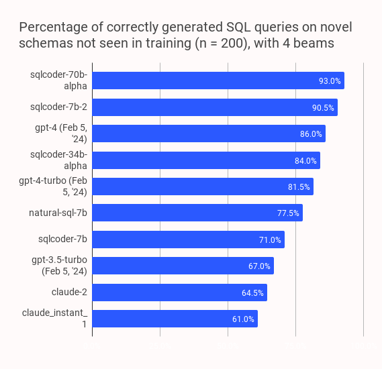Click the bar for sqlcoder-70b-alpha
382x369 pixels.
coord(218,81)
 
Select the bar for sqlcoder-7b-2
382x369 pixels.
coord(214,107)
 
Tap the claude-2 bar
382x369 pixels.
coord(179,293)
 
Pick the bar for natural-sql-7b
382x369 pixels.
coord(197,213)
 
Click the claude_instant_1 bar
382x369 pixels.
coord(175,319)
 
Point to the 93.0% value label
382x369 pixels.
coord(330,81)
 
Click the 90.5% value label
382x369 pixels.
coord(323,107)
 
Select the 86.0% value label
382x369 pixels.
coord(311,134)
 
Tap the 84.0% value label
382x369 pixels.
coord(305,160)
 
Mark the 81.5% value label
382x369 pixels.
coord(299,187)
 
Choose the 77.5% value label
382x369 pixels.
coord(288,213)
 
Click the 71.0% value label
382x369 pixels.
coord(270,240)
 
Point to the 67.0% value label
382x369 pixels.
coord(259,266)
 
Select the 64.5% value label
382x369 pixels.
coord(252,293)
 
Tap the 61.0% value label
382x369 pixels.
coord(243,319)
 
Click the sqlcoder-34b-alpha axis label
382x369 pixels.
coord(59,160)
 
